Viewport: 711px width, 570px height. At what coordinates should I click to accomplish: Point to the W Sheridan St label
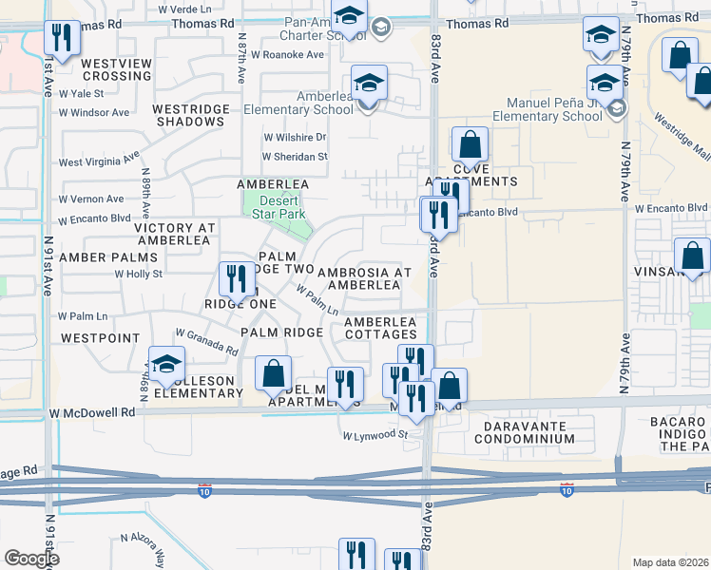coord(295,157)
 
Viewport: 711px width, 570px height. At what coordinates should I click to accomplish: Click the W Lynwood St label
coord(375,436)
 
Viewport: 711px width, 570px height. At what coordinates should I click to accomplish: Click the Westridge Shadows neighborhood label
coord(192,115)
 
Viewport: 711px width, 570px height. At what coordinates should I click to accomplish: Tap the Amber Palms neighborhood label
coord(108,257)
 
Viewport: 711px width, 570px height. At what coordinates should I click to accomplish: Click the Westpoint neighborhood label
coord(100,338)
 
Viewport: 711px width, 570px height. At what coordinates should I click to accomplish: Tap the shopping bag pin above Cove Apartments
coord(470,144)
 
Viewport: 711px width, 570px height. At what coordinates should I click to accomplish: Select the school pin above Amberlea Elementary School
coord(369,82)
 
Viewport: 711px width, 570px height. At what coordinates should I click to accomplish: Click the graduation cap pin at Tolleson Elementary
coord(166,364)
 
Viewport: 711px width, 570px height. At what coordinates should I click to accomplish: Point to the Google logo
coord(30,559)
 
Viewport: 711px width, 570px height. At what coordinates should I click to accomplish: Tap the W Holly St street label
coord(139,274)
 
